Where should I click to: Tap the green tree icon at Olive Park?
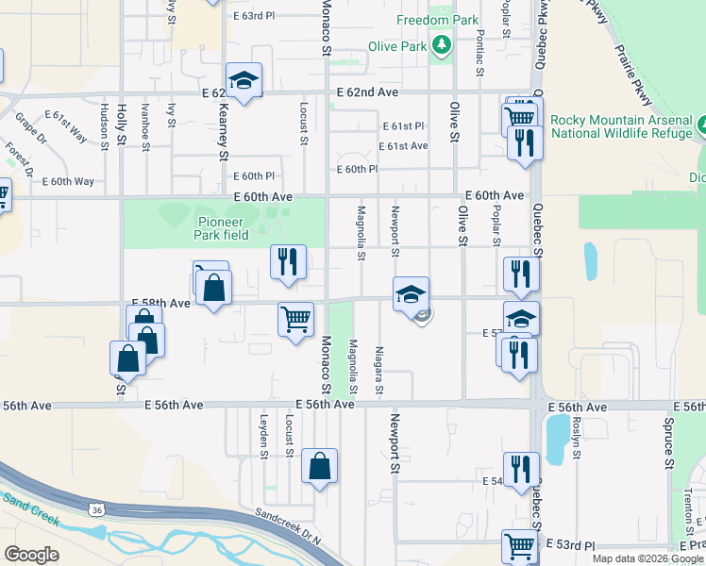click(x=441, y=44)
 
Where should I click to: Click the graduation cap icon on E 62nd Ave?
click(x=244, y=81)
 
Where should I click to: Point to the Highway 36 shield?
click(x=96, y=509)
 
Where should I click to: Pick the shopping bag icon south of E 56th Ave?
click(x=320, y=466)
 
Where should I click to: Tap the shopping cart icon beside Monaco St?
click(x=295, y=320)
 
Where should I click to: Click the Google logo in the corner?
click(x=32, y=554)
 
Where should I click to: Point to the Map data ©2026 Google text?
click(x=648, y=558)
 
